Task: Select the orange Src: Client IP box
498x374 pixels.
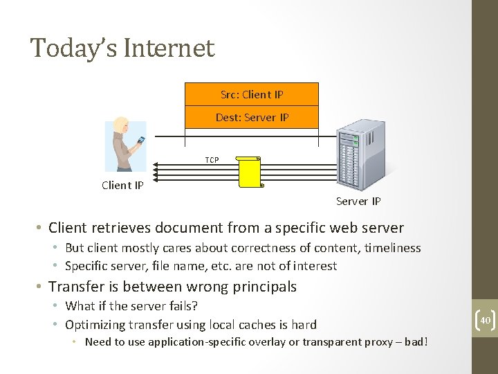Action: [252, 94]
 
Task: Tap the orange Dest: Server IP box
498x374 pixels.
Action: [252, 117]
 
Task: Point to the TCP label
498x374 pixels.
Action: [212, 160]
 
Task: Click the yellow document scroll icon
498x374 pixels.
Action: [250, 172]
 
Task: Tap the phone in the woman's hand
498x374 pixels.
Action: [140, 140]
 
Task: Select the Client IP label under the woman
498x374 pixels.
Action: [122, 185]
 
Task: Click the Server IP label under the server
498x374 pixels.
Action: [358, 202]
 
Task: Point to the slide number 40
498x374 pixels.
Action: [484, 320]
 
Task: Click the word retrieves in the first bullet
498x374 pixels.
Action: [124, 228]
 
